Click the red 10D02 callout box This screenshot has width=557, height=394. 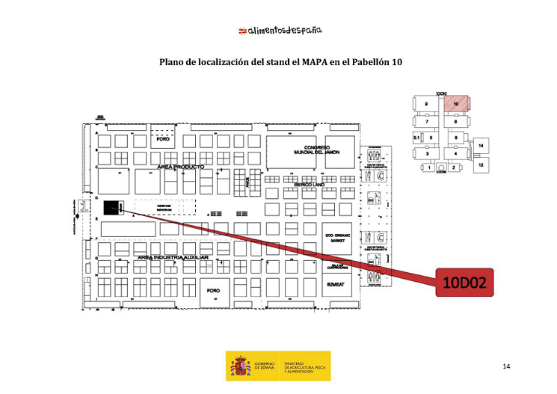pos(464,284)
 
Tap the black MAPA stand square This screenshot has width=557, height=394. pos(112,206)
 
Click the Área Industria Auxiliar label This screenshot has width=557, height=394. pos(172,257)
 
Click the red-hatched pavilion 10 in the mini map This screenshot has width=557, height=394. pos(456,104)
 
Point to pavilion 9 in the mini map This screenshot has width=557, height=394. pos(426,104)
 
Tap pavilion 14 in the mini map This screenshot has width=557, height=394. pos(481,145)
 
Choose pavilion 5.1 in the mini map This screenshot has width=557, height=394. pos(416,138)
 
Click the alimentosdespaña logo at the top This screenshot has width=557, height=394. pos(280,31)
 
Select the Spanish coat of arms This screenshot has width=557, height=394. pos(240,366)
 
